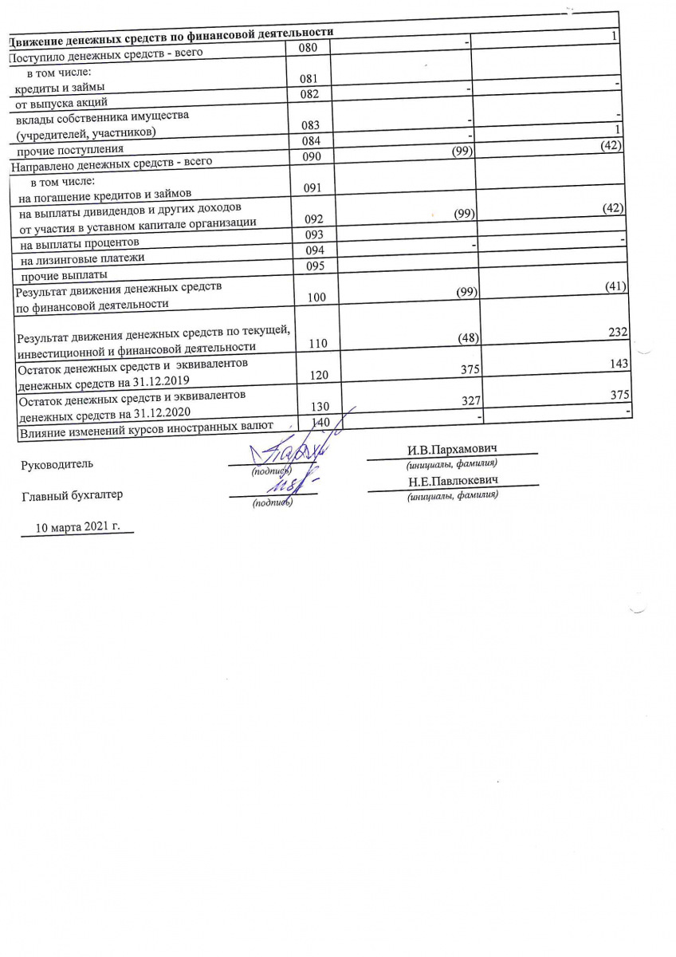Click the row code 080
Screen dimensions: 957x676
tap(308, 48)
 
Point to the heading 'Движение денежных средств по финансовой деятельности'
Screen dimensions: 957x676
tap(170, 33)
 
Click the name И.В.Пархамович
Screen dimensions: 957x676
tap(452, 451)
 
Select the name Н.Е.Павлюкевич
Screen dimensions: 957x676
tap(452, 482)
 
